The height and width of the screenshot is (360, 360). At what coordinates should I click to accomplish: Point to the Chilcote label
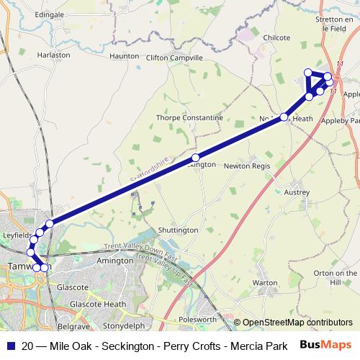(276, 37)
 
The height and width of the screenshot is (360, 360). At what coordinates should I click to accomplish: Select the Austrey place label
(297, 192)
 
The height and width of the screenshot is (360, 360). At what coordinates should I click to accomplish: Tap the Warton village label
(265, 283)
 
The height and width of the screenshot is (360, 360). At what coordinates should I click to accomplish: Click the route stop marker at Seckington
(196, 157)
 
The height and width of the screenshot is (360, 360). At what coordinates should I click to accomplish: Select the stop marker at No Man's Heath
(284, 117)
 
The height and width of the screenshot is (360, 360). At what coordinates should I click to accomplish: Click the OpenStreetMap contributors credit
(297, 323)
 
